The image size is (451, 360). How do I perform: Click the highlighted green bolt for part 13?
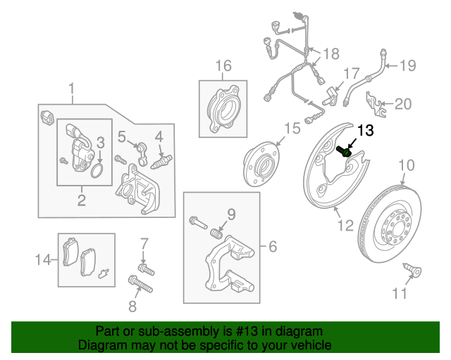(346, 150)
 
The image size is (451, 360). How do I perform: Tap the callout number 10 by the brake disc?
(407, 166)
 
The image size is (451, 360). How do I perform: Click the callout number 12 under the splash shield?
(345, 226)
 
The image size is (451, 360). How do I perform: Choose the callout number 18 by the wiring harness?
(330, 53)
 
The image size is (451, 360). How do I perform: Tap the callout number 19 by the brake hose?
(408, 66)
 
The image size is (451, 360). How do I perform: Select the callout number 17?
(351, 74)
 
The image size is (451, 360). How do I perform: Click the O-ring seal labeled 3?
(99, 169)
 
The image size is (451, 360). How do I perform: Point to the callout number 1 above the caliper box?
(71, 89)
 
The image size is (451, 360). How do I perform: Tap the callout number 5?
(121, 136)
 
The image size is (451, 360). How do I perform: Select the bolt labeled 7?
(147, 269)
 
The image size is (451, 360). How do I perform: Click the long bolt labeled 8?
(141, 286)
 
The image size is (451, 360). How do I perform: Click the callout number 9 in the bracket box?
(230, 214)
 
